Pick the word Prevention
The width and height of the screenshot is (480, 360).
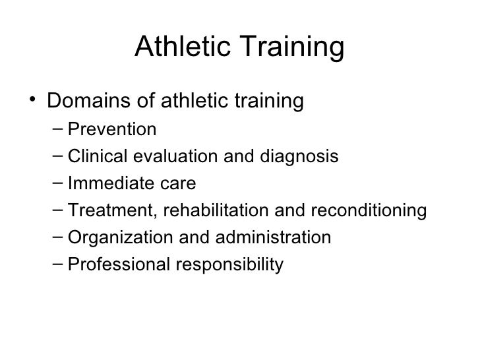pos(113,129)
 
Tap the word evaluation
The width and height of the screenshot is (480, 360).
pos(164,156)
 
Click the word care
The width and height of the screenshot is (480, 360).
pos(171,184)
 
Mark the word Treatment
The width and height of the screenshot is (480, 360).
pos(100,210)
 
